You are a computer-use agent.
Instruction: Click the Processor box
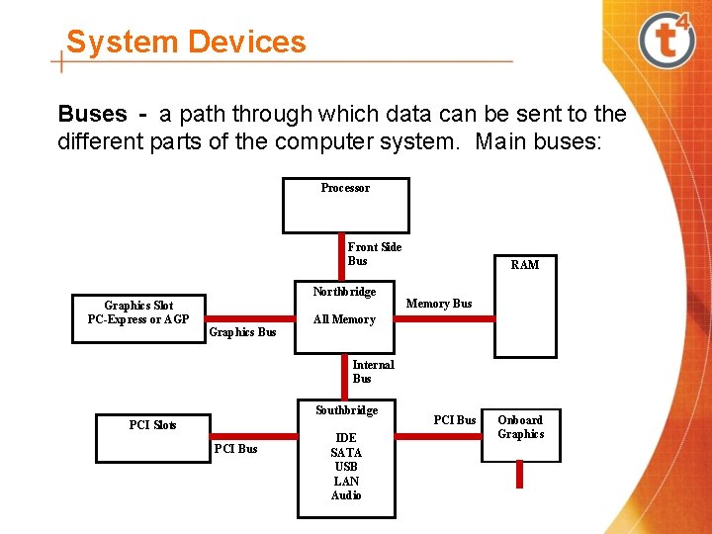(x=345, y=205)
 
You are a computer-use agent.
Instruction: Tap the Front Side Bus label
(x=374, y=254)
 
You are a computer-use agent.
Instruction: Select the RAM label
(x=525, y=265)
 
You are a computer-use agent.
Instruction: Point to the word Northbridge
(x=344, y=292)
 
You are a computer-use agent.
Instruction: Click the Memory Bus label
(x=439, y=304)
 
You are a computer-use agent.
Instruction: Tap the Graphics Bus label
(x=242, y=332)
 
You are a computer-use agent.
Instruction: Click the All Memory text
(x=344, y=319)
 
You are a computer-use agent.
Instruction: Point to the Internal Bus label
(x=373, y=372)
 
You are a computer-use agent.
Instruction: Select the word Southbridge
(x=346, y=410)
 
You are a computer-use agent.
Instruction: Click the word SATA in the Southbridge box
(x=346, y=453)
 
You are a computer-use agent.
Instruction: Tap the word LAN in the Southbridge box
(x=346, y=481)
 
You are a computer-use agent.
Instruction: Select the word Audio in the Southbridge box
(x=346, y=495)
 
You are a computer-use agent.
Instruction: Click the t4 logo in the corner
(x=667, y=42)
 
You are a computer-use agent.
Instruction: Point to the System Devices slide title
(x=186, y=42)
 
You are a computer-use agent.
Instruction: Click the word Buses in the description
(x=92, y=114)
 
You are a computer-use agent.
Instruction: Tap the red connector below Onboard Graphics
(x=520, y=475)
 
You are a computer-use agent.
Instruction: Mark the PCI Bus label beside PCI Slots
(x=235, y=449)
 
